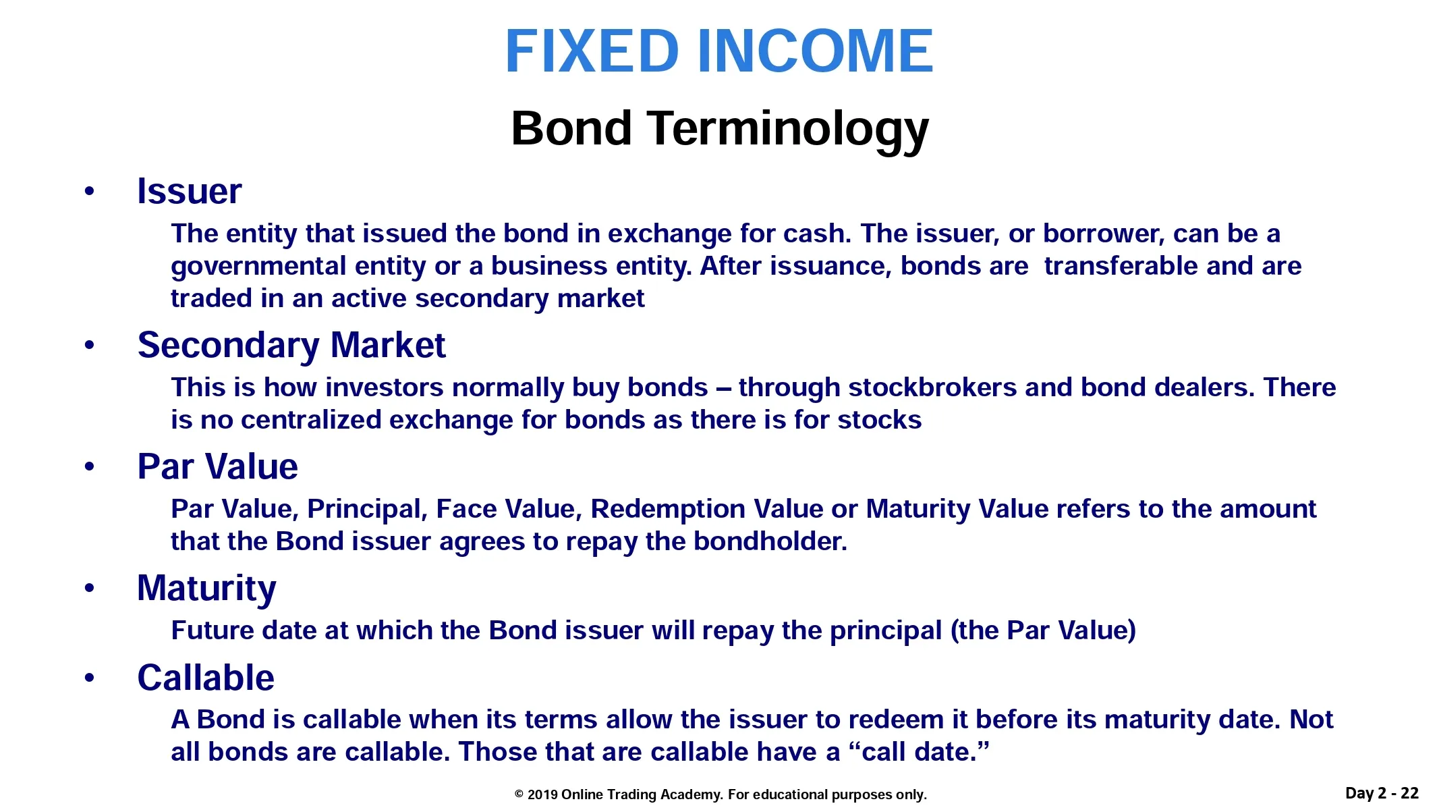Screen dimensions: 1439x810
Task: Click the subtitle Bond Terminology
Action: (x=719, y=129)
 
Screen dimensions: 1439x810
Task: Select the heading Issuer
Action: (x=189, y=191)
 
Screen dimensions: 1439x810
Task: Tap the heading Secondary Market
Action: (x=291, y=346)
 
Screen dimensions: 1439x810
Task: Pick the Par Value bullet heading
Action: (x=217, y=466)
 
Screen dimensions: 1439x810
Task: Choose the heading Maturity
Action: (x=206, y=589)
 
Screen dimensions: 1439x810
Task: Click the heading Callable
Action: (x=206, y=677)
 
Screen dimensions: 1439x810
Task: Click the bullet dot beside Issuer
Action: (x=90, y=192)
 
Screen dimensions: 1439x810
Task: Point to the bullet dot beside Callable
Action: (x=90, y=678)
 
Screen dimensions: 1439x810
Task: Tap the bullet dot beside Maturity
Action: (x=90, y=589)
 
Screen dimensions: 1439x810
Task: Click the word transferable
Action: (x=1121, y=266)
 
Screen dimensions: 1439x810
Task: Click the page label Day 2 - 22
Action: (x=1382, y=793)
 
